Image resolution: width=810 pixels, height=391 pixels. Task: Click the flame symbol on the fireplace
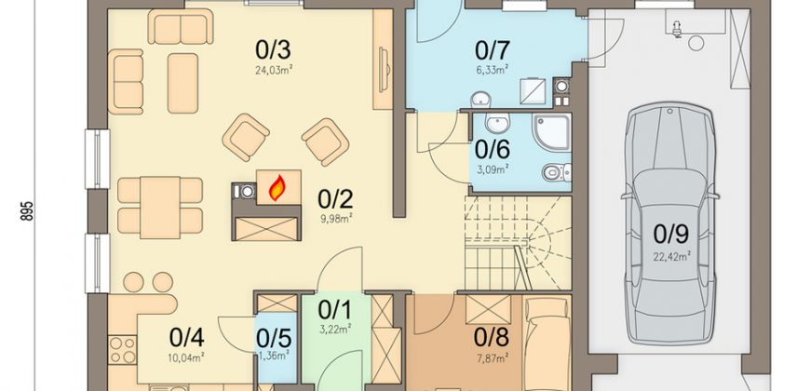pyautogui.click(x=277, y=188)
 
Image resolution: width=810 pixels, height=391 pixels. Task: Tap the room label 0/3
pyautogui.click(x=273, y=50)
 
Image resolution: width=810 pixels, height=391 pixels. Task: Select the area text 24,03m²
pyautogui.click(x=272, y=70)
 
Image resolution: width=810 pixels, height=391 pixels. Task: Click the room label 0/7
pyautogui.click(x=493, y=50)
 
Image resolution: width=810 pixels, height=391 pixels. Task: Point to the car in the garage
pyautogui.click(x=670, y=223)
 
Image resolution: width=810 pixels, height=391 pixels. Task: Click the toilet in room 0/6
pyautogui.click(x=557, y=172)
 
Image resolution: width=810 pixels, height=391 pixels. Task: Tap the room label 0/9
pyautogui.click(x=670, y=234)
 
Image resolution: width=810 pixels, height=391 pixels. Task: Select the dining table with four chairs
pyautogui.click(x=159, y=207)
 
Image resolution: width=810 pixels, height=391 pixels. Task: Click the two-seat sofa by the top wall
pyautogui.click(x=181, y=27)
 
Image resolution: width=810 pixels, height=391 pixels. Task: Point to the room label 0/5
pyautogui.click(x=274, y=339)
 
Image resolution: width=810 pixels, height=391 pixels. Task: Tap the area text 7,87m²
pyautogui.click(x=492, y=356)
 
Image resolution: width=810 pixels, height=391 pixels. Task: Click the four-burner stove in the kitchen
pyautogui.click(x=122, y=350)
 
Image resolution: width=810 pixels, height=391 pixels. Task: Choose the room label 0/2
pyautogui.click(x=335, y=197)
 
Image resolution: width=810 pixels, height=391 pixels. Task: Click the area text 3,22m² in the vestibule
pyautogui.click(x=335, y=328)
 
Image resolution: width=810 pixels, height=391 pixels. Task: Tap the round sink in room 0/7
pyautogui.click(x=482, y=98)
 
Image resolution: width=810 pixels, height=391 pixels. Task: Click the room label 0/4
pyautogui.click(x=186, y=338)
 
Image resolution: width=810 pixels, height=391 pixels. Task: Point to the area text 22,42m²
pyautogui.click(x=671, y=255)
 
